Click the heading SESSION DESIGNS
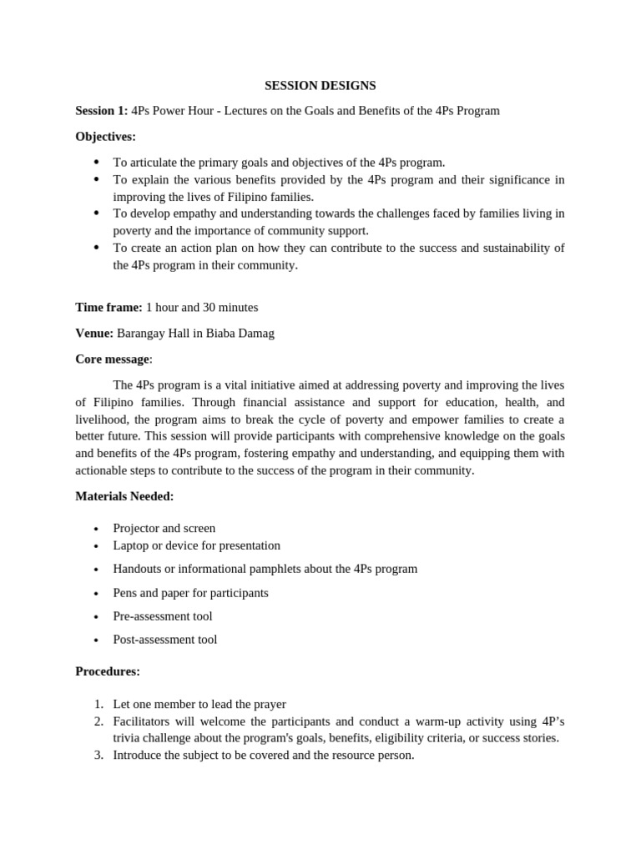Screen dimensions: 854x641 (320, 85)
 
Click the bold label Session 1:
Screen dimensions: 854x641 (102, 110)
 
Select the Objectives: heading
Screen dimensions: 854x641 (105, 136)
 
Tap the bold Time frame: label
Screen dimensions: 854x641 (109, 307)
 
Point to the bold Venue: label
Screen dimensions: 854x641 (94, 333)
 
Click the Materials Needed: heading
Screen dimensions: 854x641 (124, 496)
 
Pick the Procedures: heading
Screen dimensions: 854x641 (108, 671)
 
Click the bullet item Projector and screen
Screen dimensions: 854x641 (164, 528)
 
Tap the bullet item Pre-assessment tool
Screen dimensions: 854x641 (163, 616)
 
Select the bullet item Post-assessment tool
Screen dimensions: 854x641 (165, 640)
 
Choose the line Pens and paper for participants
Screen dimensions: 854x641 (190, 593)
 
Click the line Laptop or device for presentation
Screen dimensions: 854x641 (196, 545)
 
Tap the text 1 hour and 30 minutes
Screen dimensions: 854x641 (202, 307)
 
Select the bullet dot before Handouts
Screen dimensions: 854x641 (97, 570)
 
